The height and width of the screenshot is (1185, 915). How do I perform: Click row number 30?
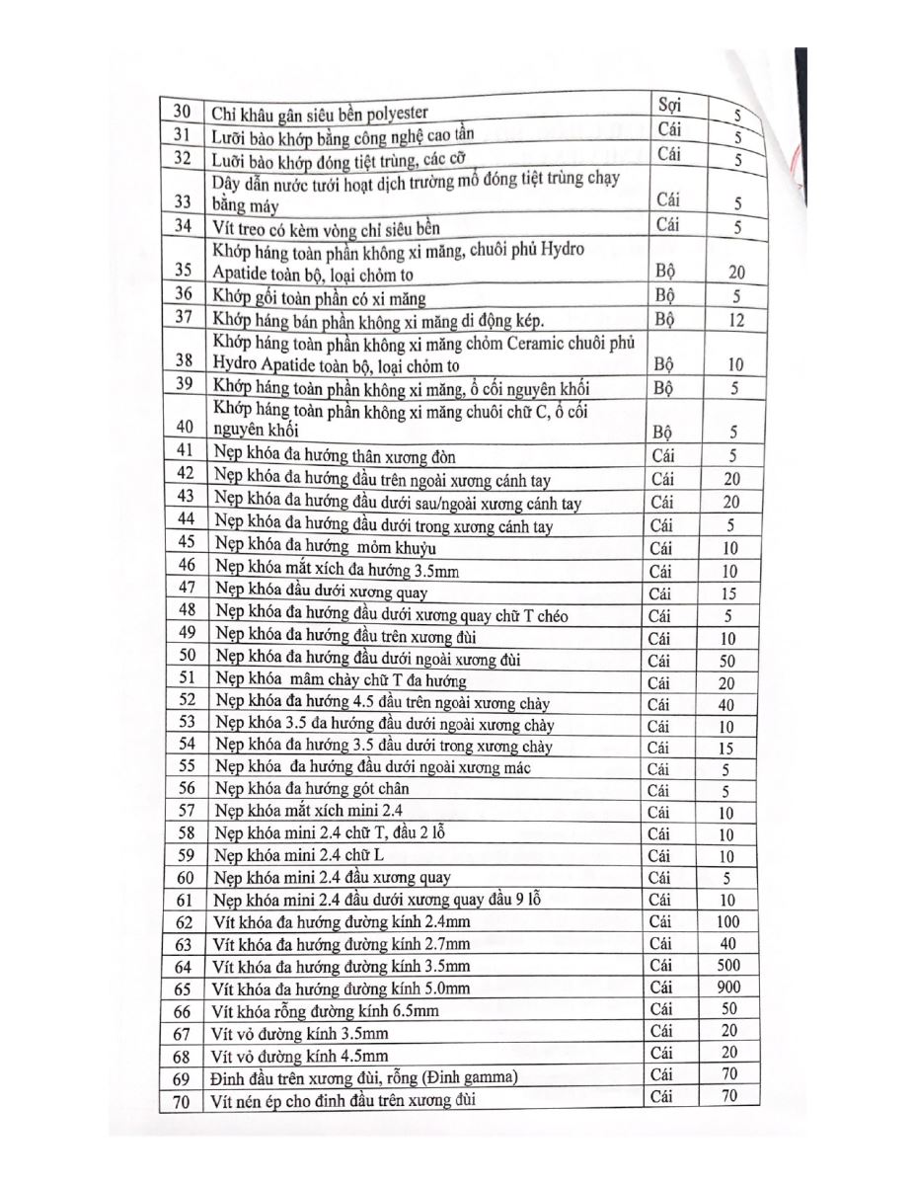click(x=181, y=112)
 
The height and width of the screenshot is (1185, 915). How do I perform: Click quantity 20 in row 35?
click(x=736, y=273)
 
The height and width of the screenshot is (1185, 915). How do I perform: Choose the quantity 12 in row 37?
click(x=736, y=320)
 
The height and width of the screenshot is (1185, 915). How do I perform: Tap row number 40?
click(x=184, y=426)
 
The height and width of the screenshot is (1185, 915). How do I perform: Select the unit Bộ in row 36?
click(x=663, y=295)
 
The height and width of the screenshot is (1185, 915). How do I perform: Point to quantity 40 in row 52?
click(x=728, y=704)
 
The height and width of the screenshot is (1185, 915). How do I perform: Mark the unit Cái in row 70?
click(x=661, y=1096)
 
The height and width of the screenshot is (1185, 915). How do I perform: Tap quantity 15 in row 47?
click(x=728, y=593)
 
